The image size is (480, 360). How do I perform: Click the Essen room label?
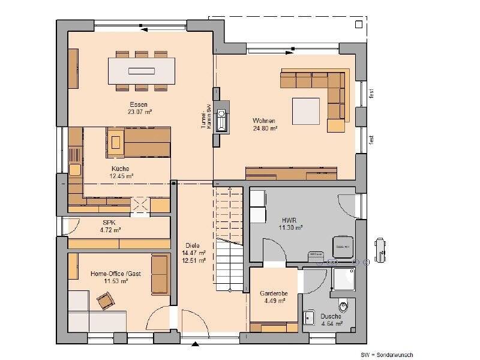pyautogui.click(x=139, y=104)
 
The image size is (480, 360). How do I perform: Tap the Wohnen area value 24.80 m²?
pyautogui.click(x=265, y=128)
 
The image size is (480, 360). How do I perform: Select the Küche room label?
pyautogui.click(x=121, y=169)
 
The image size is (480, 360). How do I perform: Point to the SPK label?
pyautogui.click(x=109, y=223)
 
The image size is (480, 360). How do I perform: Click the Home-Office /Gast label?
pyautogui.click(x=116, y=274)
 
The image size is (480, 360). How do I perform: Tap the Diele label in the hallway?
pyautogui.click(x=193, y=245)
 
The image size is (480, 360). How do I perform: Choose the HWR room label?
pyautogui.click(x=289, y=220)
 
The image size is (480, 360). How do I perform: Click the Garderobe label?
pyautogui.click(x=274, y=293)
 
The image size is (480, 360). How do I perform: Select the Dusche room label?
pyautogui.click(x=331, y=316)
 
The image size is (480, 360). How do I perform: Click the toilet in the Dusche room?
pyautogui.click(x=344, y=305)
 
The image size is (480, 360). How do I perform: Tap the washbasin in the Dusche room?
pyautogui.click(x=308, y=317)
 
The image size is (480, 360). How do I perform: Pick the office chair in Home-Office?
pyautogui.click(x=106, y=301)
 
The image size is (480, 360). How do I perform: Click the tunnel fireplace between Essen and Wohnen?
pyautogui.click(x=221, y=116)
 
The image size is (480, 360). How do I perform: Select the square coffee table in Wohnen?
pyautogui.click(x=306, y=111)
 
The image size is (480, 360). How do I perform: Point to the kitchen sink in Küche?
pyautogui.click(x=74, y=170)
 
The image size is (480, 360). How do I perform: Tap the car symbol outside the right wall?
pyautogui.click(x=380, y=250)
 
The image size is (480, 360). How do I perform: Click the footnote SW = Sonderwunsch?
pyautogui.click(x=386, y=355)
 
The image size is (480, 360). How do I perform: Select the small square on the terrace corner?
pyautogui.click(x=358, y=25)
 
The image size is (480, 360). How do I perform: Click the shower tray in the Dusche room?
pyautogui.click(x=344, y=279)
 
